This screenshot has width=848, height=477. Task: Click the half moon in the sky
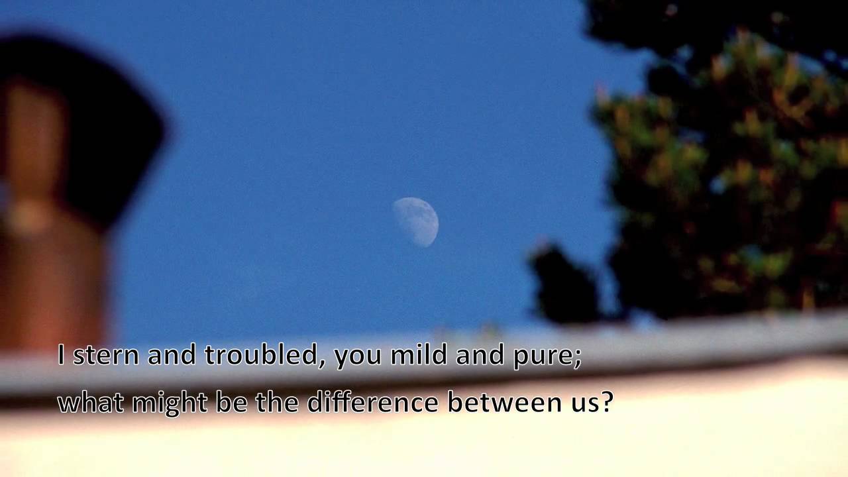pyautogui.click(x=417, y=221)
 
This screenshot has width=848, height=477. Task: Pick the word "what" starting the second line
pyautogui.click(x=90, y=402)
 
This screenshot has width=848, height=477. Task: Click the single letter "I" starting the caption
pyautogui.click(x=62, y=355)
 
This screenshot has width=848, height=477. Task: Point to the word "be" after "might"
pyautogui.click(x=231, y=402)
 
